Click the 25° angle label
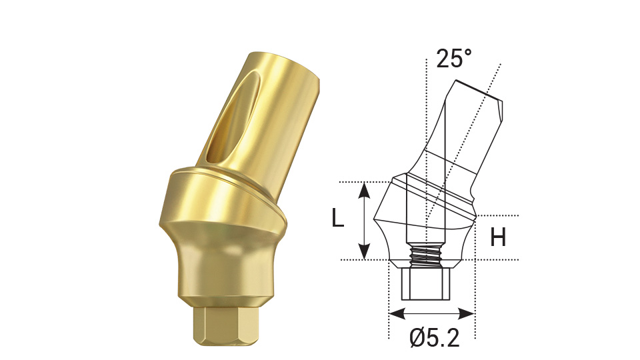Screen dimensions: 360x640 coord(454,59)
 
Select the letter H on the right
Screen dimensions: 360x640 coord(497,237)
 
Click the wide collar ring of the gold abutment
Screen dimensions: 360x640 coord(220,200)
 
